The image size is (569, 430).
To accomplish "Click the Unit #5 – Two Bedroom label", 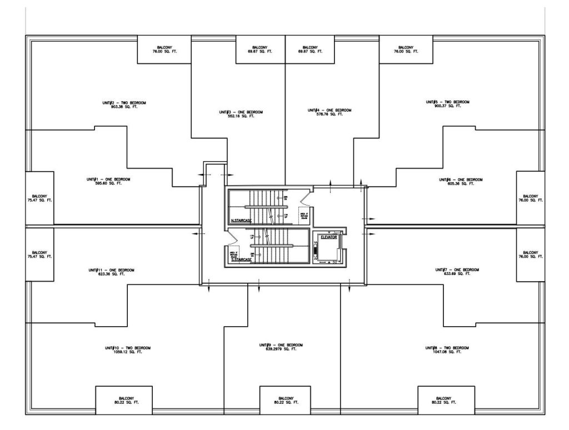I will pos(448,102).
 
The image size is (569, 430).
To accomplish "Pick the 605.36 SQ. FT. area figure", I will pos(461,183).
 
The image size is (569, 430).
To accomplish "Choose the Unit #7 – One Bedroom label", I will pos(457,270).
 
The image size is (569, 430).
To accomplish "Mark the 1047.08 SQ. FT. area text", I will pos(447,352).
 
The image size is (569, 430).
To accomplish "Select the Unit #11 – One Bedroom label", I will pos(111,270).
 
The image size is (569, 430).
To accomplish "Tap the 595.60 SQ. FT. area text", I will pos(109,183).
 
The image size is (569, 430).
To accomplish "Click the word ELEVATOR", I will pos(328,237).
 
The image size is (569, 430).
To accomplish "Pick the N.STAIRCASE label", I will pos(242,221).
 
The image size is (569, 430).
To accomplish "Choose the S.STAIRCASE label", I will pos(242,259).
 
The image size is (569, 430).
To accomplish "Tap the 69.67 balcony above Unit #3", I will pos(260,49).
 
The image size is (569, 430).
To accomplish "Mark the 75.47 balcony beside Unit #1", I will pos(40,198).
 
